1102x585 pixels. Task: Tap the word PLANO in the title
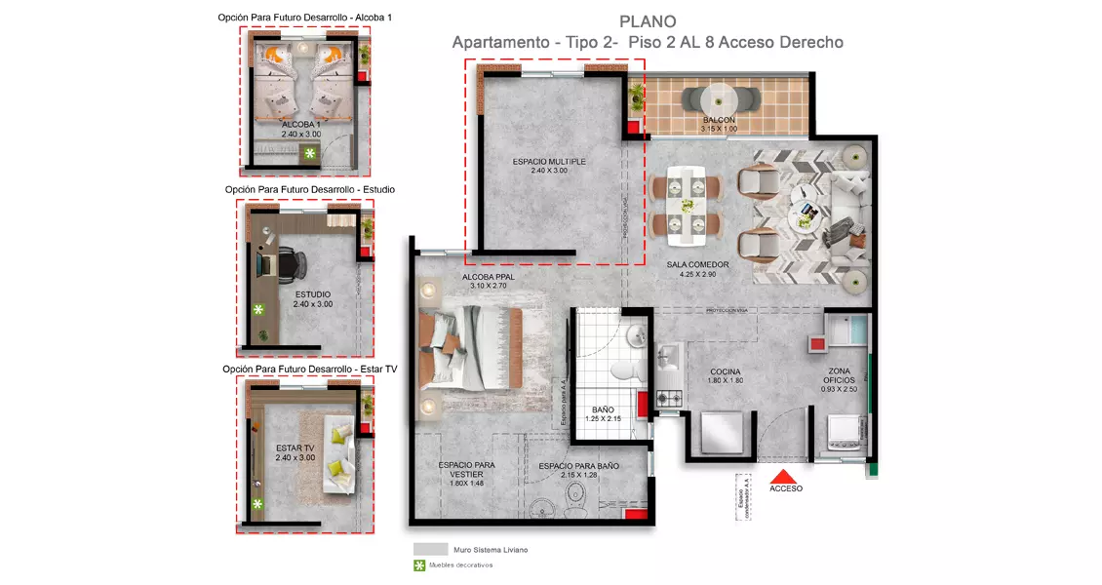648,21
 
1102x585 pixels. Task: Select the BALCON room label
719,121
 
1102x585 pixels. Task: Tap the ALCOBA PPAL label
488,281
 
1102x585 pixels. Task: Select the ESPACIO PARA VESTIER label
466,470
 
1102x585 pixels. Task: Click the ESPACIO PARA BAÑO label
578,466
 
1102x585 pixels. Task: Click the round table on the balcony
720,99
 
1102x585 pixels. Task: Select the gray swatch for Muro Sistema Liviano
429,549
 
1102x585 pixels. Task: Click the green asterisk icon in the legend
419,565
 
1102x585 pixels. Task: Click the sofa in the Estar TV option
340,457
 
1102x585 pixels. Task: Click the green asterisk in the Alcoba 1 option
310,154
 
